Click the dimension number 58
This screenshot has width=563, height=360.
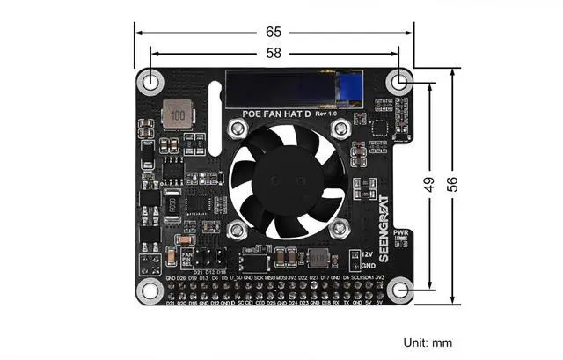point(274,54)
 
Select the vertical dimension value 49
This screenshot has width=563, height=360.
point(428,184)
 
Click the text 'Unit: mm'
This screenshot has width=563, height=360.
point(428,342)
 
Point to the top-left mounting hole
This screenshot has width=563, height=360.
point(151,82)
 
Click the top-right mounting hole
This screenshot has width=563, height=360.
point(401,82)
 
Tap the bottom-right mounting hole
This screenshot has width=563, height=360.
point(401,290)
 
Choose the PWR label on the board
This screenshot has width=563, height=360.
point(401,232)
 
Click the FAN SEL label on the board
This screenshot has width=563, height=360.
point(186,258)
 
